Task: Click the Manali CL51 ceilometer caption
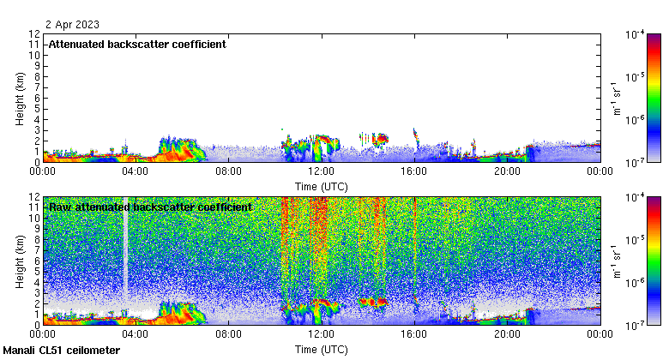[x=62, y=351]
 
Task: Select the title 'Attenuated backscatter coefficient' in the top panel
[x=137, y=45]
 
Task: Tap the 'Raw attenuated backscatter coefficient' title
[x=150, y=207]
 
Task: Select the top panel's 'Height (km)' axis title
[x=19, y=98]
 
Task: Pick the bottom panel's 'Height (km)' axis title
[x=19, y=261]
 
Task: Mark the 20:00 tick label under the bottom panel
[x=507, y=335]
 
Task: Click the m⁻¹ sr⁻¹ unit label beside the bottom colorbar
[x=615, y=261]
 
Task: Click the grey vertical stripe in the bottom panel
[x=125, y=249]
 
